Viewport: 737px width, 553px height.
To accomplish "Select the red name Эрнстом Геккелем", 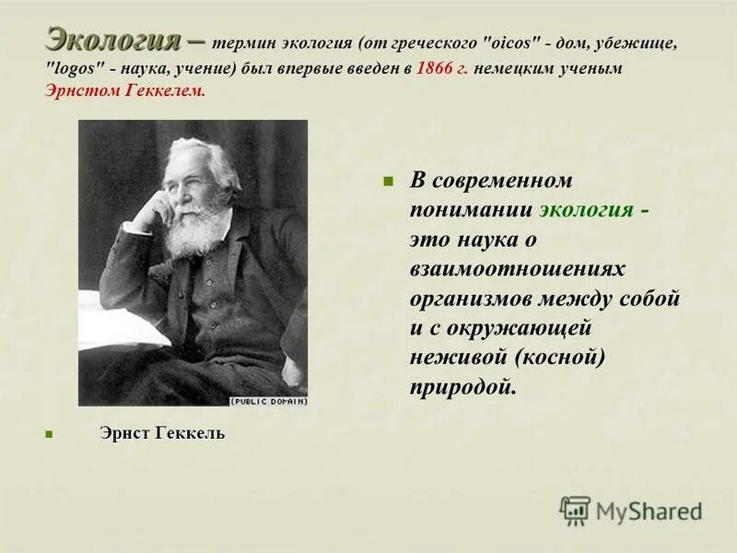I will coord(125,90).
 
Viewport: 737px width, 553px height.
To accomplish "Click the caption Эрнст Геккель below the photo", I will coord(162,433).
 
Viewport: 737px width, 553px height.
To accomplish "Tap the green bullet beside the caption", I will coord(49,434).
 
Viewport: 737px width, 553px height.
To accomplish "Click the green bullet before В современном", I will coord(388,181).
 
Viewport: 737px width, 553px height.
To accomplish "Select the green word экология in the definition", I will coord(586,209).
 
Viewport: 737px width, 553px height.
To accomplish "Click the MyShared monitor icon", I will coord(575,511).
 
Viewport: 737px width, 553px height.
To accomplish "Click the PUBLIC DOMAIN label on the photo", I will coord(268,401).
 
